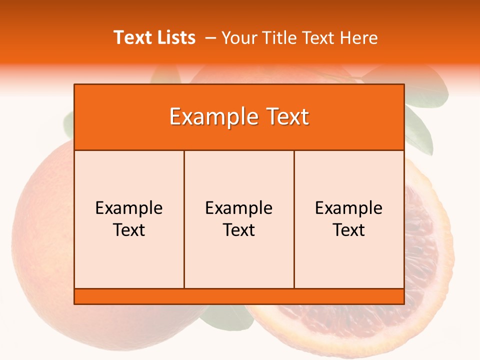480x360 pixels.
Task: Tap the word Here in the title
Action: click(x=358, y=37)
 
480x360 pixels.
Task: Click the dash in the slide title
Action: click(x=210, y=38)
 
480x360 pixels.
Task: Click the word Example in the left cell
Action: click(x=129, y=208)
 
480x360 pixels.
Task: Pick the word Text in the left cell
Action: click(x=129, y=230)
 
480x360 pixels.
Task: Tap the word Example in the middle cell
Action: click(x=239, y=208)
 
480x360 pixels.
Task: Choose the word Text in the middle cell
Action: click(x=239, y=230)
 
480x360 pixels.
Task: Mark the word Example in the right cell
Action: click(x=348, y=208)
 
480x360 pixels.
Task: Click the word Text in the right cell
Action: click(x=348, y=230)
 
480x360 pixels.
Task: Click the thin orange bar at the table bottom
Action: click(x=239, y=296)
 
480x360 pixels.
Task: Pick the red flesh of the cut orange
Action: click(x=425, y=250)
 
